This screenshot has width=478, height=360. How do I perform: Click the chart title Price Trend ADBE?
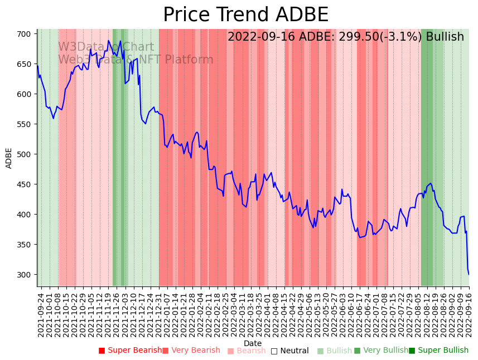(x=245, y=15)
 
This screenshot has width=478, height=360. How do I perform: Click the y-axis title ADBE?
(x=9, y=158)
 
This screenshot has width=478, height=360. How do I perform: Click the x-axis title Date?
(x=253, y=344)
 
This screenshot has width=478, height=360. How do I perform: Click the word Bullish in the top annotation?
(x=445, y=37)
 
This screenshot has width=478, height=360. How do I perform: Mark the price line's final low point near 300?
(x=469, y=274)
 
